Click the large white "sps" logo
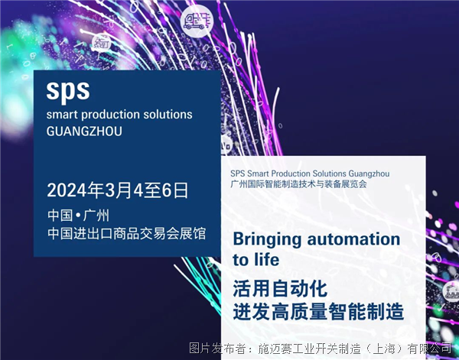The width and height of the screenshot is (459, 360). tap(68, 91)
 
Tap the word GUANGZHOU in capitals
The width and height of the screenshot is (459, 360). tap(84, 131)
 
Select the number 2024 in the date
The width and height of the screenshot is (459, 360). tap(67, 190)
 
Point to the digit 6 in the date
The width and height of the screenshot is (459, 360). tap(167, 190)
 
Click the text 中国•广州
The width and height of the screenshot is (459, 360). tap(79, 216)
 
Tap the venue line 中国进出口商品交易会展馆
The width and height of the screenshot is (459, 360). tap(127, 234)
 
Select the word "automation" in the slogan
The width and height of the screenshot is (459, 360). tap(353, 239)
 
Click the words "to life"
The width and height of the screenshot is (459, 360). tap(256, 260)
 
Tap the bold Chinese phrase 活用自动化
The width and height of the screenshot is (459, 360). tap(280, 289)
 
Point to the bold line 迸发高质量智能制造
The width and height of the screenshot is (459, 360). tap(318, 312)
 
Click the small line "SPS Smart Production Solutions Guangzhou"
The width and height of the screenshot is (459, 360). tap(310, 174)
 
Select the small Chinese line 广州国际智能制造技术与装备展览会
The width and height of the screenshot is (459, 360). tap(298, 184)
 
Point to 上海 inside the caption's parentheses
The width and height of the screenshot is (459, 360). tap(384, 349)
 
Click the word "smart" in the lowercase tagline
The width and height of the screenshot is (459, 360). tap(62, 115)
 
